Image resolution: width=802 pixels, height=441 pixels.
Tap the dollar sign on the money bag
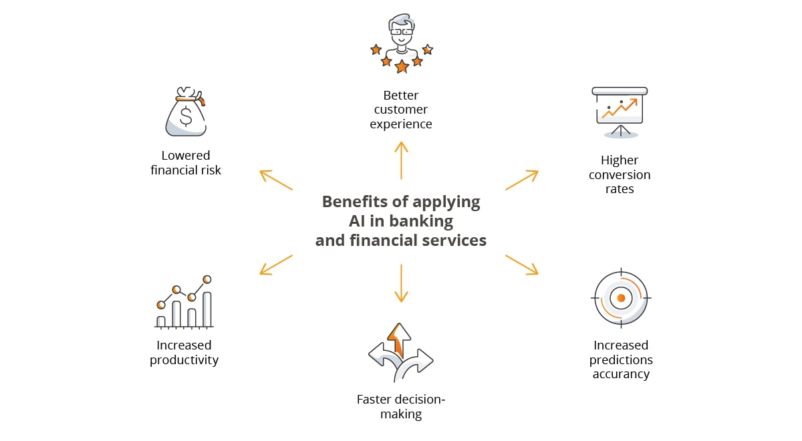[x=186, y=117]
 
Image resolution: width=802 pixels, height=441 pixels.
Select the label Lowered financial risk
[x=186, y=163]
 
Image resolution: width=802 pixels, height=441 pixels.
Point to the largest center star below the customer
[x=402, y=66]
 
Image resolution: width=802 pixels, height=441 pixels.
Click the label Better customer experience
[x=401, y=110]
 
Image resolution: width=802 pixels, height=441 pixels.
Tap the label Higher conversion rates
[x=620, y=174]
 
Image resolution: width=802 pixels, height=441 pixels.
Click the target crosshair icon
[x=622, y=297]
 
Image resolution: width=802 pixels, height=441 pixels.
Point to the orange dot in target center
[x=622, y=298]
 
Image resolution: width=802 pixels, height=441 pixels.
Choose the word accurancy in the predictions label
[x=621, y=374]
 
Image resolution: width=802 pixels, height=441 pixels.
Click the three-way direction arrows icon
[x=400, y=353]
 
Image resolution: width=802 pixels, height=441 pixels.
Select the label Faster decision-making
[x=401, y=407]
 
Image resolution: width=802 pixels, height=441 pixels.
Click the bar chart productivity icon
[x=184, y=302]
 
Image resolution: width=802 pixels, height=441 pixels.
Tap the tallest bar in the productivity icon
[x=207, y=309]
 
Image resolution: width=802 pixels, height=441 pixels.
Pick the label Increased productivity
[x=184, y=353]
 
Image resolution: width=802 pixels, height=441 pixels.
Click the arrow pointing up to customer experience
[x=401, y=160]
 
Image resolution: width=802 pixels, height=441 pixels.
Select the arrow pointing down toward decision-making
[x=401, y=283]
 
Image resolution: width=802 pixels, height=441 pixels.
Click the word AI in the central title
[x=357, y=221]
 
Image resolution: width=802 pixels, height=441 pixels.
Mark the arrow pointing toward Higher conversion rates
[x=522, y=180]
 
